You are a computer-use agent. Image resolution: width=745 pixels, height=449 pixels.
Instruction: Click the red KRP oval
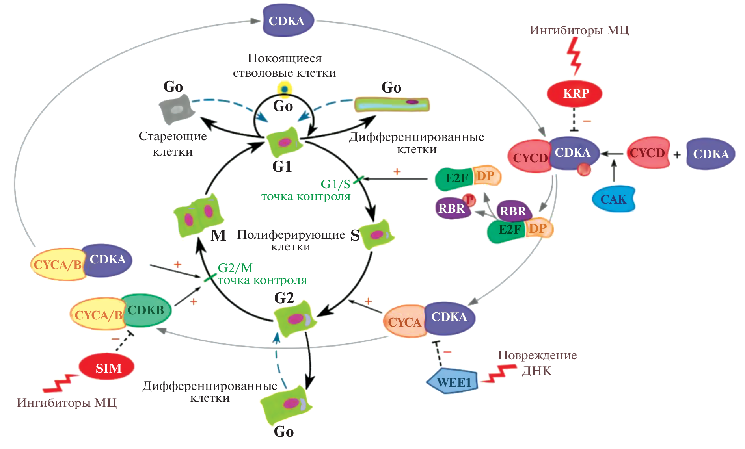[575, 93]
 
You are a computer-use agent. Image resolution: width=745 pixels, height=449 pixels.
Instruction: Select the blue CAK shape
[613, 199]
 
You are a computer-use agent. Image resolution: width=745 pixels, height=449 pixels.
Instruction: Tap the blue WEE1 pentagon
[453, 382]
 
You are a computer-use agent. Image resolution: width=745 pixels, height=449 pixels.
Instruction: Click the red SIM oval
[107, 367]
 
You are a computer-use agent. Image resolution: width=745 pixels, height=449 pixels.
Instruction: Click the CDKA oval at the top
[287, 21]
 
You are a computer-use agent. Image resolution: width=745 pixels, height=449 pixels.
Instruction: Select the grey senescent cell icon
[177, 108]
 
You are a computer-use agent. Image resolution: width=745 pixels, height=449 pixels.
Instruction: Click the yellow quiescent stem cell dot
[284, 89]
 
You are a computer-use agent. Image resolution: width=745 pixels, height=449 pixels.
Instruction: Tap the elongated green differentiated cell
[392, 104]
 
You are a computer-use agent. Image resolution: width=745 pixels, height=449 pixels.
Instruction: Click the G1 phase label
[282, 167]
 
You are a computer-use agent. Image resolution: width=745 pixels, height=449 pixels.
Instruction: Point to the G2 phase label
[284, 298]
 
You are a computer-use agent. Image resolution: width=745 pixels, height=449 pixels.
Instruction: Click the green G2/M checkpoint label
[262, 274]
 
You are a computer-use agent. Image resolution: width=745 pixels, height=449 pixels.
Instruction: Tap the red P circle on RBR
[469, 200]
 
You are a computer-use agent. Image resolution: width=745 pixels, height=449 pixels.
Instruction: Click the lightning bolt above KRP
[575, 56]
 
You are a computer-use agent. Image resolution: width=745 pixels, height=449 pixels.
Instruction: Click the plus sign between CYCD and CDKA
[677, 155]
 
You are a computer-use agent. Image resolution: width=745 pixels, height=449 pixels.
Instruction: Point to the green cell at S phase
[376, 235]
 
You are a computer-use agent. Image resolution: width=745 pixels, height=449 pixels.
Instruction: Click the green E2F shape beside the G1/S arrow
[454, 179]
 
